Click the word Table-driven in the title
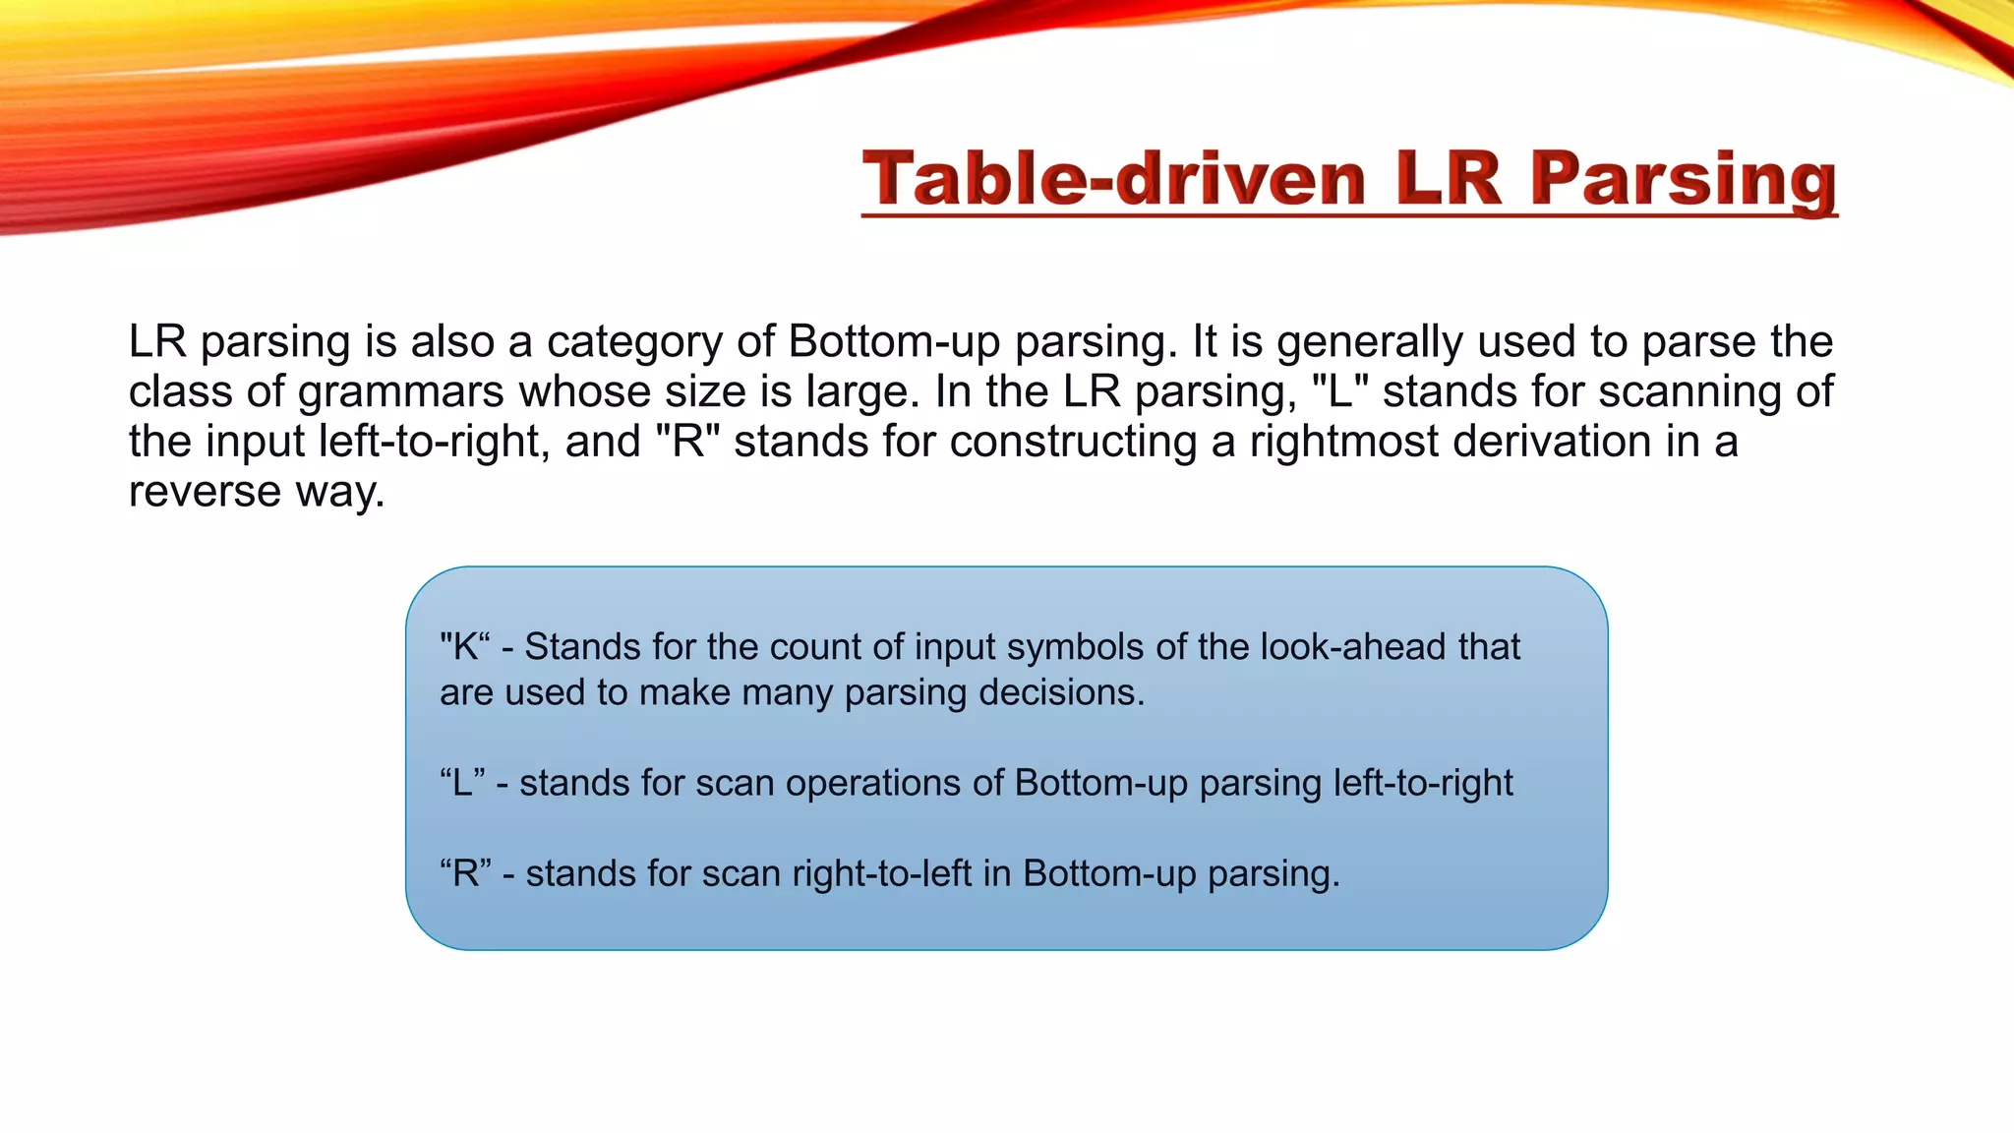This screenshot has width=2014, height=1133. coord(1113,179)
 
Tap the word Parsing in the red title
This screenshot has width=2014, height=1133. coord(1684,179)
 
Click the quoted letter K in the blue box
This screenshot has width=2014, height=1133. coord(464,647)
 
